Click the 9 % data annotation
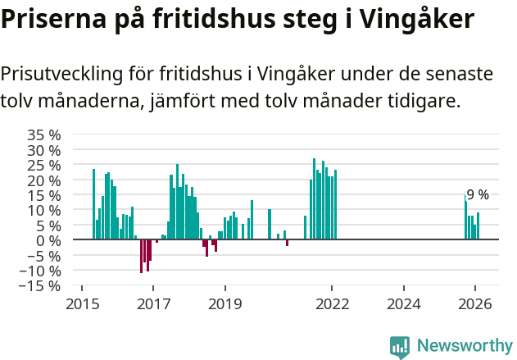point(478,195)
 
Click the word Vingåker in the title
point(413,18)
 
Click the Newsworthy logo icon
point(400,346)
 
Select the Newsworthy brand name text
point(464,346)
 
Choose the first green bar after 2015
point(93,204)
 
